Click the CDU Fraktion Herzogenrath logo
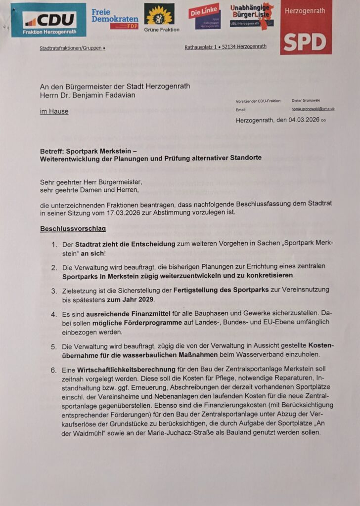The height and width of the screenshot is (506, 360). pyautogui.click(x=48, y=20)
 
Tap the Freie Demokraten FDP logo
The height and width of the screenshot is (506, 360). pyautogui.click(x=108, y=18)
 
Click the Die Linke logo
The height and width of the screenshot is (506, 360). pyautogui.click(x=205, y=17)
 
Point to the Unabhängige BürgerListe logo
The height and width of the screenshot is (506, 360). pyautogui.click(x=252, y=16)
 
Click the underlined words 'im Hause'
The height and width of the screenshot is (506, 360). pyautogui.click(x=54, y=112)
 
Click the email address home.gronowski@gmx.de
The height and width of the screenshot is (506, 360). pyautogui.click(x=313, y=109)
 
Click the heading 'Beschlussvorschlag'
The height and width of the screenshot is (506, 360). pyautogui.click(x=73, y=229)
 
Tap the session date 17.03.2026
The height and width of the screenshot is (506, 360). pyautogui.click(x=123, y=213)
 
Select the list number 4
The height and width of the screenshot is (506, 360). pyautogui.click(x=53, y=314)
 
